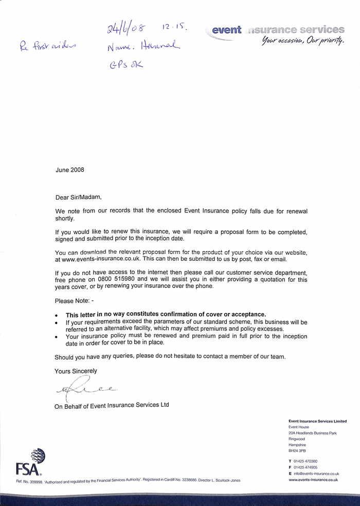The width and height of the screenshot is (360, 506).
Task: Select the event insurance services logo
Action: tap(278, 30)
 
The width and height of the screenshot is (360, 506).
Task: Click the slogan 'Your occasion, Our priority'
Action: tap(301, 41)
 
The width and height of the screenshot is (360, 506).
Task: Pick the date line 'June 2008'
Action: tap(70, 170)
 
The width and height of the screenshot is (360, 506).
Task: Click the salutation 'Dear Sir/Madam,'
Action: tap(79, 197)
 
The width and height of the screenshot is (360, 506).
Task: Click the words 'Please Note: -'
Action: tap(75, 300)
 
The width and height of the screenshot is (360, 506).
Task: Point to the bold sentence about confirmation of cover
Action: tap(166, 314)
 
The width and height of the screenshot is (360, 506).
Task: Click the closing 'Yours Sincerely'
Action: tap(76, 371)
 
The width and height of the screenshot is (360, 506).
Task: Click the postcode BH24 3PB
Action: tap(297, 450)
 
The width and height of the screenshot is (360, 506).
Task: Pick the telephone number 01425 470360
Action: tap(305, 461)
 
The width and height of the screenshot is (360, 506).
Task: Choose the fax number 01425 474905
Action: tap(305, 467)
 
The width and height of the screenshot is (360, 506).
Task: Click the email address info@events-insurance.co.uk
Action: tap(316, 474)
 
